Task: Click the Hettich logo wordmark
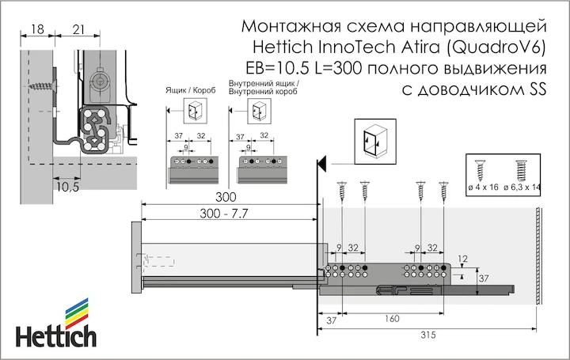click(56, 336)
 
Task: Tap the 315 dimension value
click(428, 335)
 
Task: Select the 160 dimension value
click(392, 319)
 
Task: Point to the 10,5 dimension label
click(67, 187)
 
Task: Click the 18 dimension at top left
click(37, 29)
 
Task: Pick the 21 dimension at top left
click(78, 29)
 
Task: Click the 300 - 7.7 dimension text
click(223, 214)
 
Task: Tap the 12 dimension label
click(462, 259)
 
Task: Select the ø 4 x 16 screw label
click(483, 188)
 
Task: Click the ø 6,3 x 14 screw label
click(522, 188)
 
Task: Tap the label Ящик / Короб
click(191, 90)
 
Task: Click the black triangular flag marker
click(321, 163)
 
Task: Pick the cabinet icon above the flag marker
click(375, 142)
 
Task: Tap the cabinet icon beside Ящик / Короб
click(194, 111)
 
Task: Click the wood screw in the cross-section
click(43, 86)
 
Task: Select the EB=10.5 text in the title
click(278, 68)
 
